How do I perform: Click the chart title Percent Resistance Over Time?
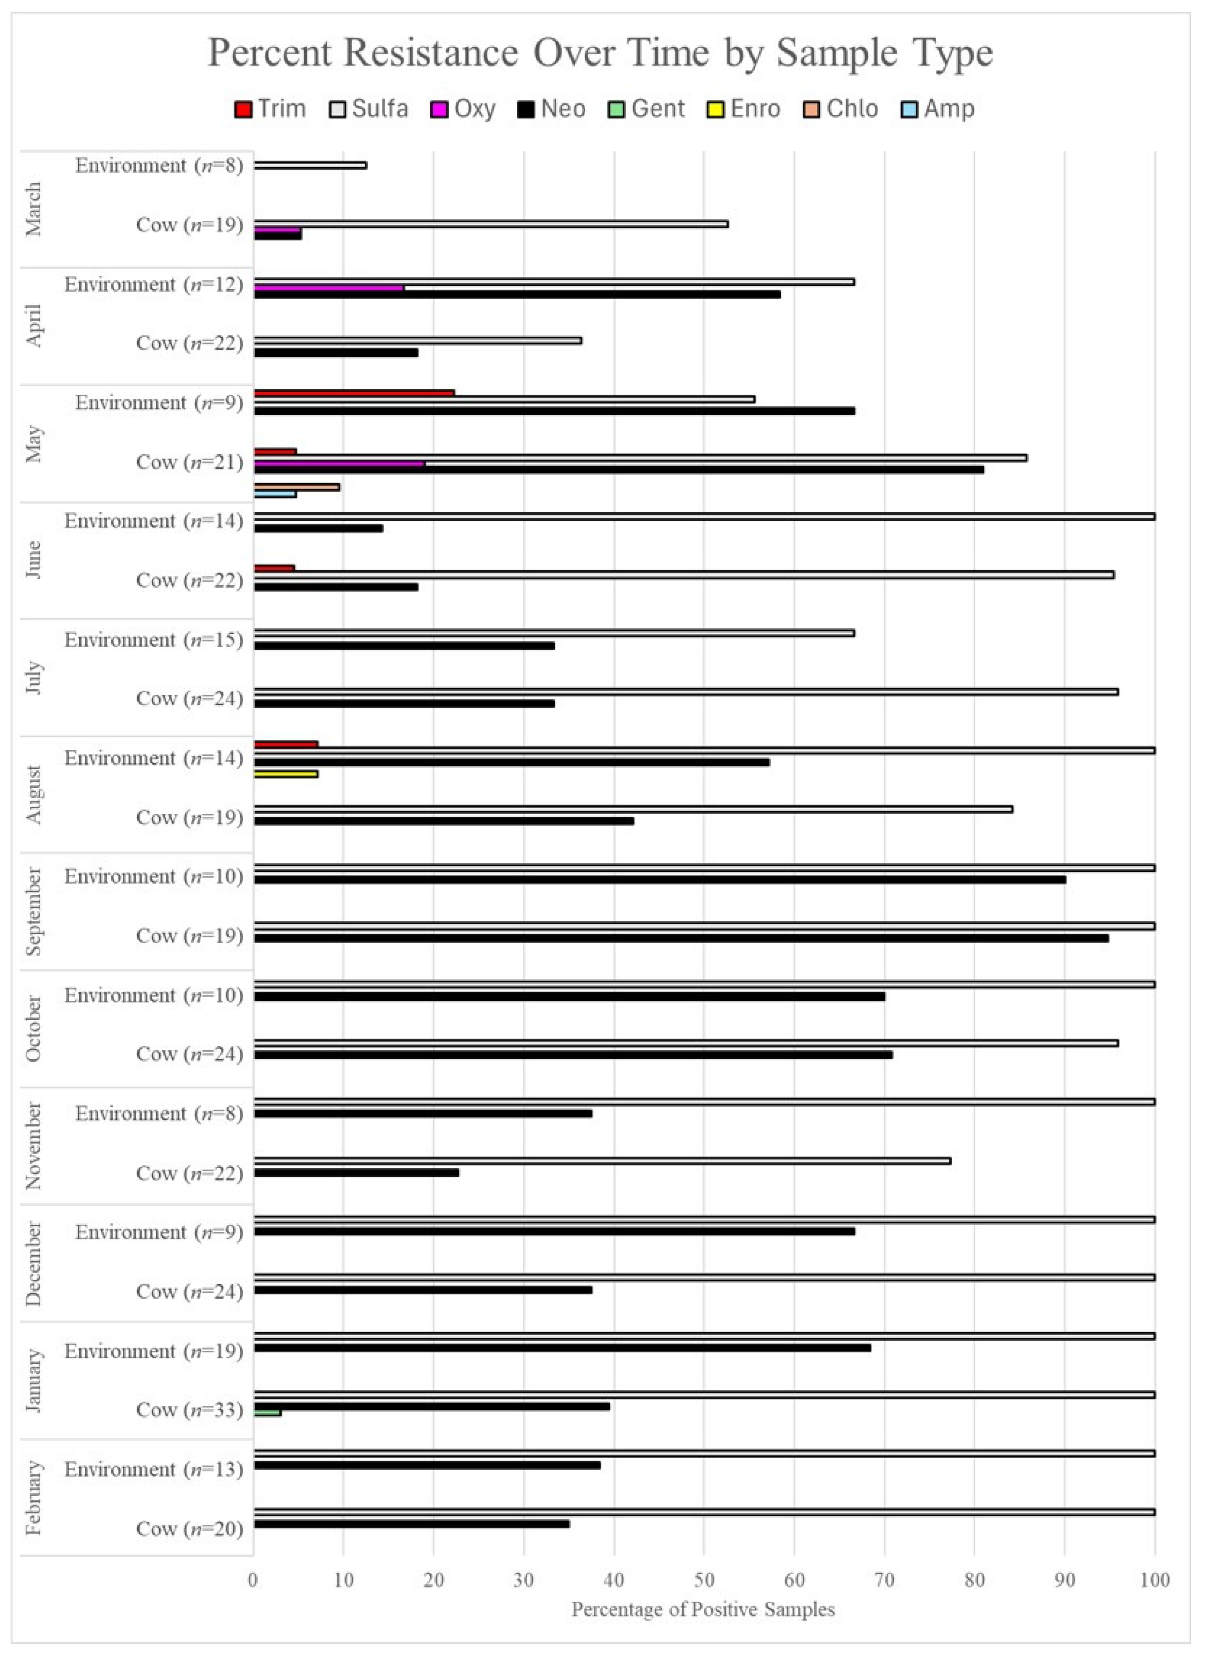600,53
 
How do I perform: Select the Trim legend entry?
270,109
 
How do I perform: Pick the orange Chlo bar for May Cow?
296,487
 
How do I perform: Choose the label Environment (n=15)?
153,640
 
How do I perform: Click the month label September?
33,911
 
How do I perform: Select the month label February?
33,1499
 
